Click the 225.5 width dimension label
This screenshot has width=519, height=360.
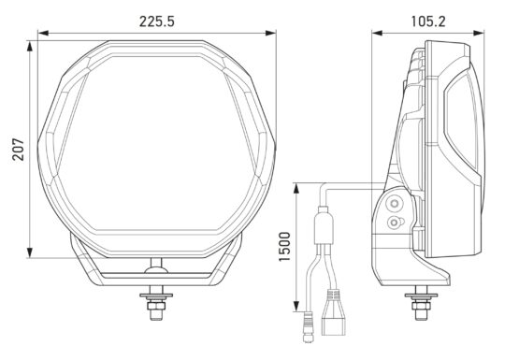156,22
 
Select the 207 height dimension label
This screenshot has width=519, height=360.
19,150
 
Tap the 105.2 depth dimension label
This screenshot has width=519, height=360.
428,22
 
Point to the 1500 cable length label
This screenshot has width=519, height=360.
284,247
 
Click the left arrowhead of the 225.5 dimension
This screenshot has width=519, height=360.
43,33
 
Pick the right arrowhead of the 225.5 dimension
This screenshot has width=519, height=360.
270,33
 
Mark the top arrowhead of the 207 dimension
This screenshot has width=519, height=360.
30,46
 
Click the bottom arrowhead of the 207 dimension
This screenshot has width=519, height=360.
30,252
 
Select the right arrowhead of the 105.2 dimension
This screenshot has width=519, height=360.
479,33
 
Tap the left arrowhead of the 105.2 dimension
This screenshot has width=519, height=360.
377,33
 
